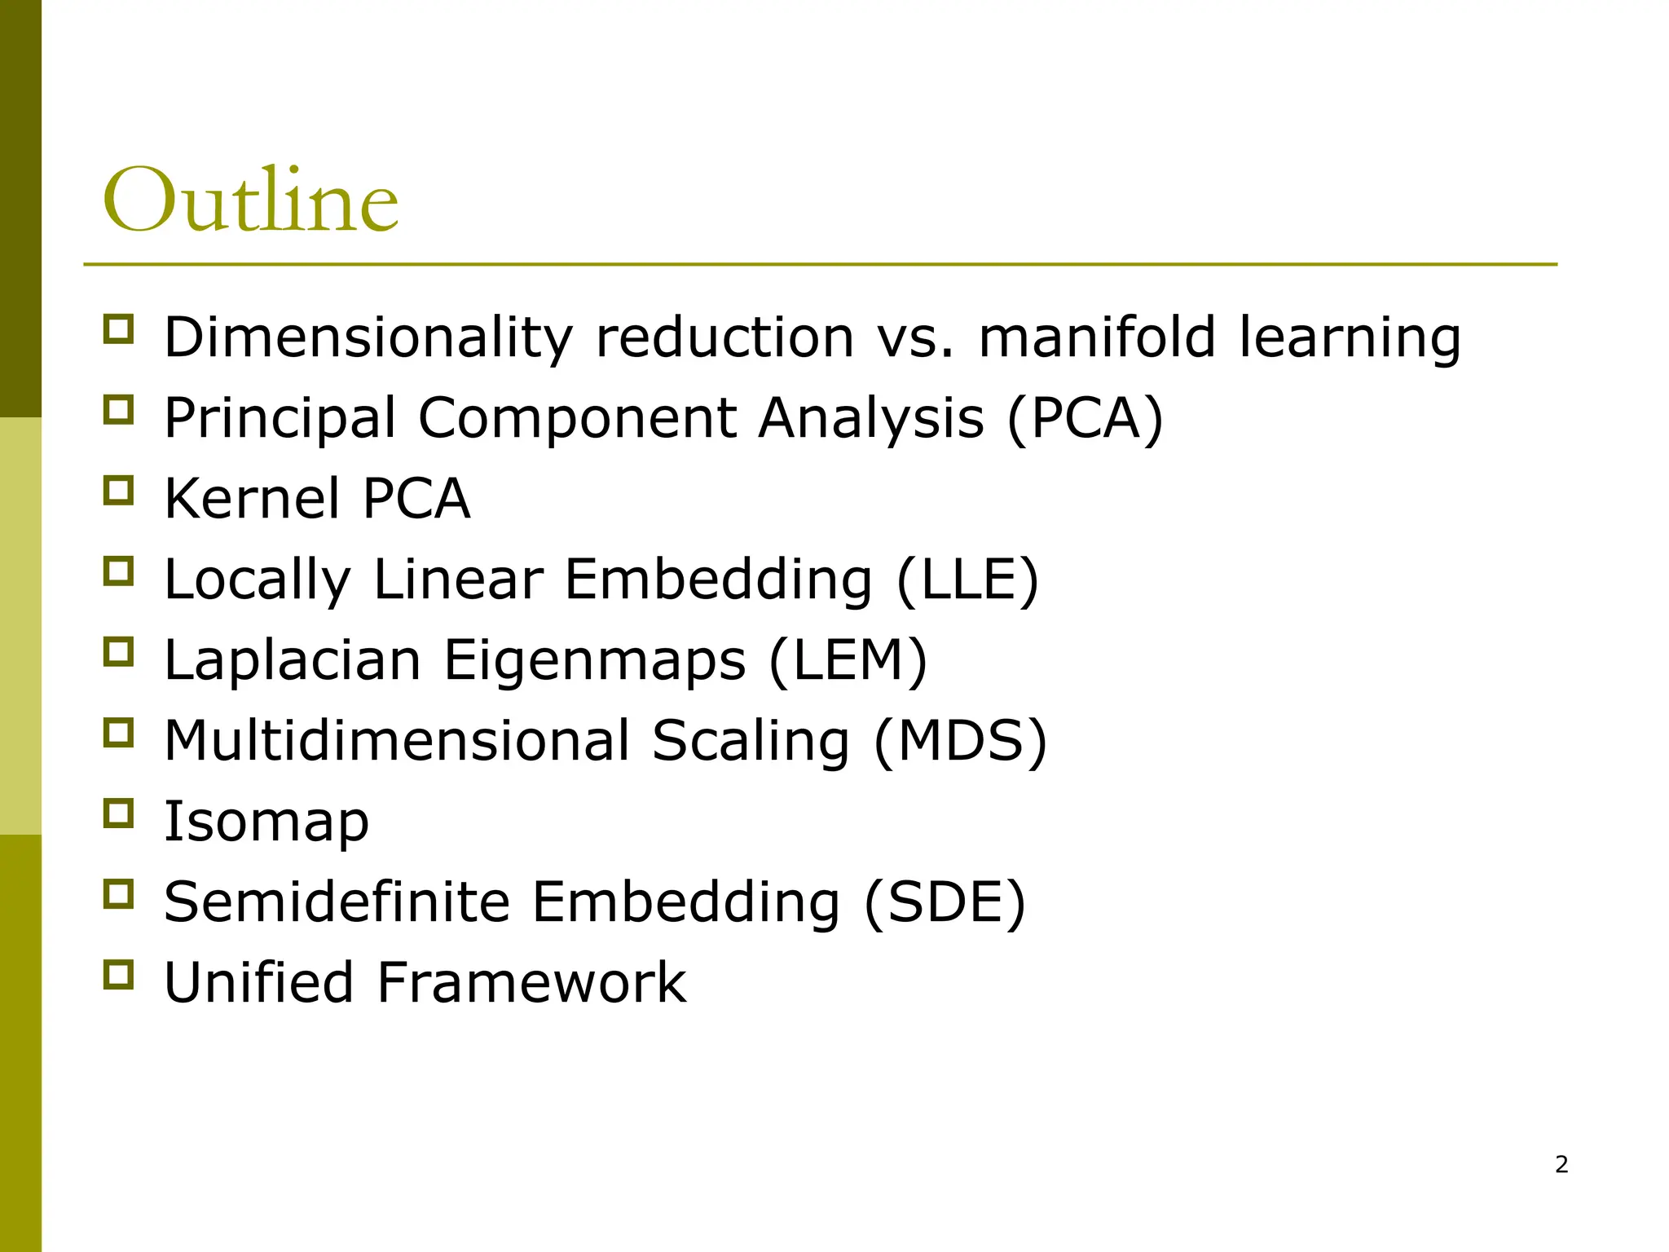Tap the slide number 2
[1561, 1165]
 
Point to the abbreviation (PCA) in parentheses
[1086, 417]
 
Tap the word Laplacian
[293, 659]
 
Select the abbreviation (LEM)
[848, 659]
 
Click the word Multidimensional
[397, 740]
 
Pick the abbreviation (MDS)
[960, 740]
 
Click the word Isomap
[266, 821]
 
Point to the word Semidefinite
[337, 902]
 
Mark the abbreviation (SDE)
[945, 902]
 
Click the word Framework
[531, 982]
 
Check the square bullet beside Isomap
[118, 813]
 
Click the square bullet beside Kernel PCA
[118, 491]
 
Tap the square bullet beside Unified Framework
[118, 975]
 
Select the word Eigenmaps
[594, 659]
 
